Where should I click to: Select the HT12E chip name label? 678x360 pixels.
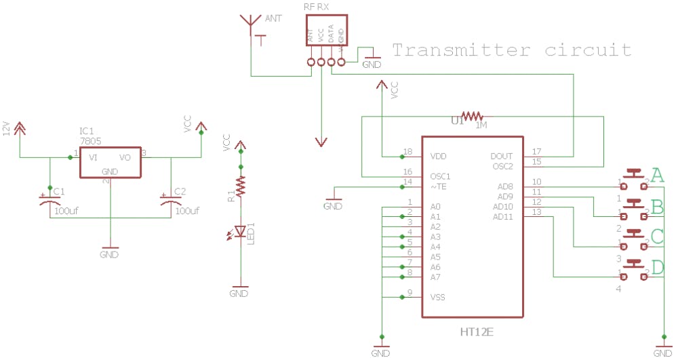pyautogui.click(x=477, y=332)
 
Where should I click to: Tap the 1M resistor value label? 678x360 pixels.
pyautogui.click(x=481, y=125)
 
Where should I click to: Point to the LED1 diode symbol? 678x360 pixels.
pyautogui.click(x=239, y=231)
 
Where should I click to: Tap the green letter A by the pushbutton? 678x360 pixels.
pyautogui.click(x=656, y=175)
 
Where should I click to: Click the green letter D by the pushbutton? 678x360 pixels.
pyautogui.click(x=657, y=267)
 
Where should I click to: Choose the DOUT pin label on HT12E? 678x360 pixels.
pyautogui.click(x=502, y=157)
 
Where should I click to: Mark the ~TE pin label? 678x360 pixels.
pyautogui.click(x=439, y=186)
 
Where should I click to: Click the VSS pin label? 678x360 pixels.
pyautogui.click(x=438, y=297)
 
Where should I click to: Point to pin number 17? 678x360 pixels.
pyautogui.click(x=536, y=152)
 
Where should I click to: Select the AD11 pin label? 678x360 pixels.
pyautogui.click(x=502, y=216)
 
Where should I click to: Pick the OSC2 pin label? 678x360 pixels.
pyautogui.click(x=502, y=166)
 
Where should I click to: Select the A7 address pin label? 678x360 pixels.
pyautogui.click(x=435, y=277)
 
